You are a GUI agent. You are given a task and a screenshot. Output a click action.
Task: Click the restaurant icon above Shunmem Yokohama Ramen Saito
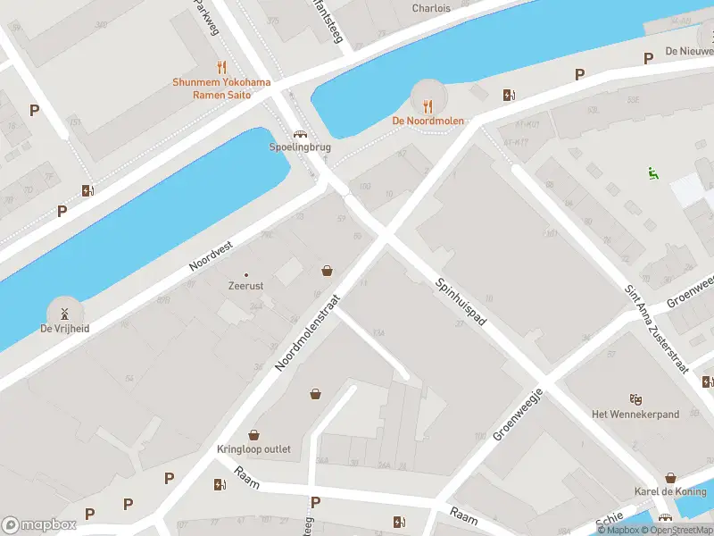pos(221,67)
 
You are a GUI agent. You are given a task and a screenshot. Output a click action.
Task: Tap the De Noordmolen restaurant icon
pos(428,104)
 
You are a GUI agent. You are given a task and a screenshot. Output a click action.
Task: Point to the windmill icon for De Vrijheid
pos(64,313)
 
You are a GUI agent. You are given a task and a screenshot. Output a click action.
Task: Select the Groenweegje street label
pos(519,414)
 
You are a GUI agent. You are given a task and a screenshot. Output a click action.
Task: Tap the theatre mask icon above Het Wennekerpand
pos(635,398)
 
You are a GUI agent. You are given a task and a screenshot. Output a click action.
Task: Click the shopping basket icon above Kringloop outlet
pos(254,434)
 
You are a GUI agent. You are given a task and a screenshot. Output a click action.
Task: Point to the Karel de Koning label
pos(669,491)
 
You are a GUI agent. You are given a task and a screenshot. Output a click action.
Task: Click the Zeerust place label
pos(246,288)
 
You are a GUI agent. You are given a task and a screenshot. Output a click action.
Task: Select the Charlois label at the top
pos(431,8)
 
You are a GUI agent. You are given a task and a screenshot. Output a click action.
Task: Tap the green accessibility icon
pos(653,173)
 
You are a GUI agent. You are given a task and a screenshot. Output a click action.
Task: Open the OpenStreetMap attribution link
pos(670,530)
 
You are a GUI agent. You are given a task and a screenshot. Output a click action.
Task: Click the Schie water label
pos(609,518)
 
